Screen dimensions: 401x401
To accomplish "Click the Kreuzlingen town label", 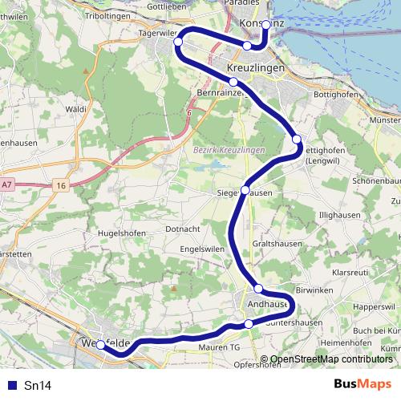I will click(256, 70).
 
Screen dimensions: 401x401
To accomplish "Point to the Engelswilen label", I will click(202, 249).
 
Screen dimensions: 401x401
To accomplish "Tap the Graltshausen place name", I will click(276, 242).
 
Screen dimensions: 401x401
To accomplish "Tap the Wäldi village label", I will click(76, 107).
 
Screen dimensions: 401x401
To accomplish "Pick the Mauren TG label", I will click(218, 347).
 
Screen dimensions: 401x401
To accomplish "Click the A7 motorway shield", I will click(7, 185).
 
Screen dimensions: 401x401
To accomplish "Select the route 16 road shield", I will click(61, 186).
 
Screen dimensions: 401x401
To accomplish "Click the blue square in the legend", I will click(10, 385).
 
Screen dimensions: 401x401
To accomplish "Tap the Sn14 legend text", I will click(37, 385).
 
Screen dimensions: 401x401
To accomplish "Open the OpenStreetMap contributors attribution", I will click(331, 360).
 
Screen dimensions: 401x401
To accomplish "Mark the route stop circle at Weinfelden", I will click(100, 345).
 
